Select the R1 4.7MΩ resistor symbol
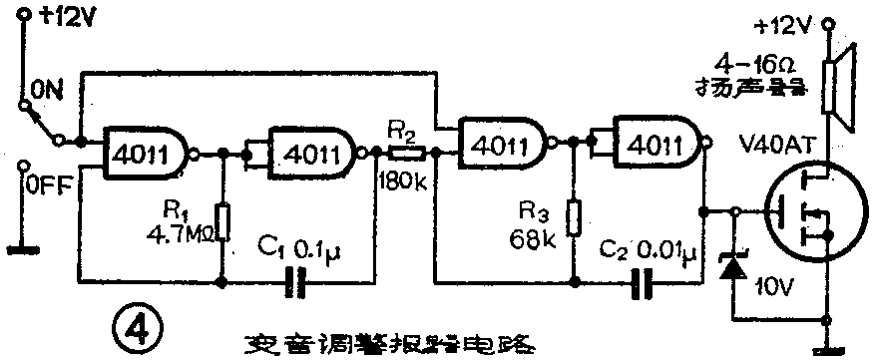[223, 222]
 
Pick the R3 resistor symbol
[573, 217]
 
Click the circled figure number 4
[134, 325]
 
